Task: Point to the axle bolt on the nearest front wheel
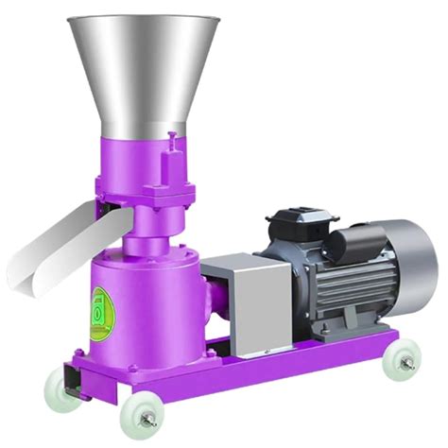[137, 412]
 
